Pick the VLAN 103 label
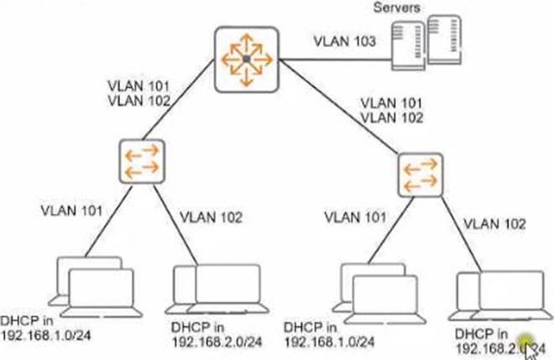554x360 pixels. pos(343,40)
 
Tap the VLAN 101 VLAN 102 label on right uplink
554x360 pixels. pos(390,111)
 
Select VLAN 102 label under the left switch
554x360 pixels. pos(212,218)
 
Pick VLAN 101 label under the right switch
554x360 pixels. pos(356,217)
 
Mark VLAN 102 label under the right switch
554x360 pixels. pos(495,223)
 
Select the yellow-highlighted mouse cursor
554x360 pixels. pos(529,344)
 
